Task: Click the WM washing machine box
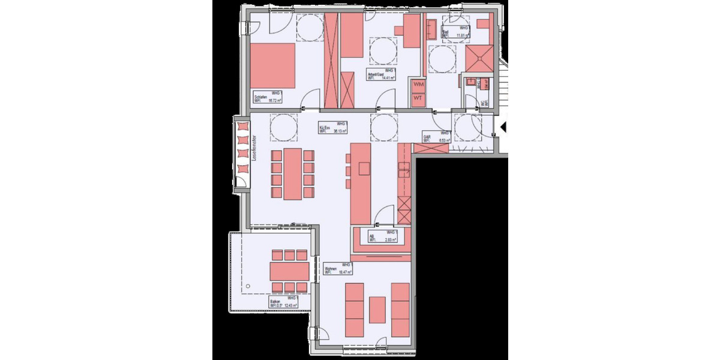pos(419,86)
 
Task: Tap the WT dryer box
pos(419,99)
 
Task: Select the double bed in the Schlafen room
pos(273,65)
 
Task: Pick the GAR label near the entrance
pos(427,137)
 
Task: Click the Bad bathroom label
pos(446,31)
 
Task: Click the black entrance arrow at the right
pos(504,127)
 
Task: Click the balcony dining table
pos(290,270)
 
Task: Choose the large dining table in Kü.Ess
pos(293,174)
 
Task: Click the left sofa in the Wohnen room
pos(355,309)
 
